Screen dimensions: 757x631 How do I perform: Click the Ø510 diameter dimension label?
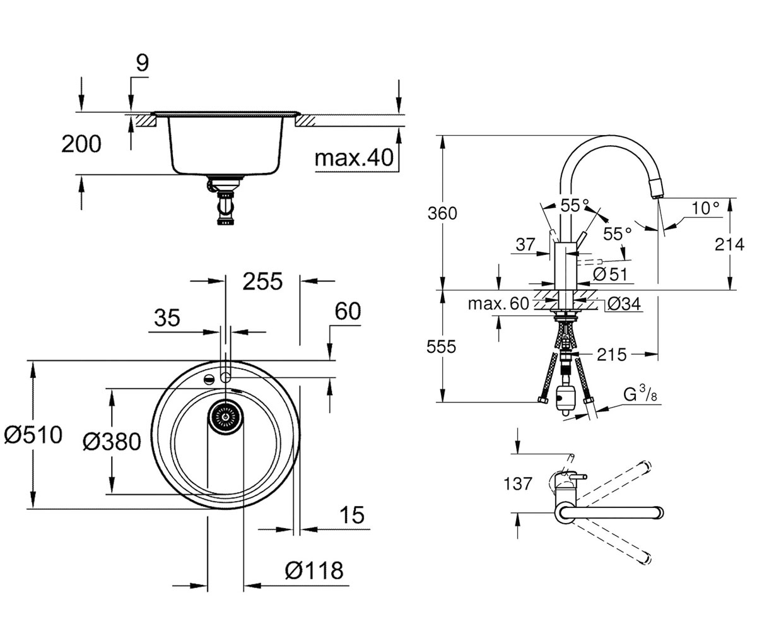pos(33,435)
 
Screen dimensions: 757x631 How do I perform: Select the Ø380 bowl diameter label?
pos(112,442)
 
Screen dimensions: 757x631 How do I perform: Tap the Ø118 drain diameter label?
pos(314,571)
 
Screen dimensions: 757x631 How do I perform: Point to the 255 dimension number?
pos(262,281)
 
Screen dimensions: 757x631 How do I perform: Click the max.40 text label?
pos(354,158)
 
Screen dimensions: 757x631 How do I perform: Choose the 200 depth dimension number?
pos(81,144)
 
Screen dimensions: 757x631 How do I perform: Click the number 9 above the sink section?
pos(142,63)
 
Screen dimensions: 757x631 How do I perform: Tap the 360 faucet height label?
pos(442,213)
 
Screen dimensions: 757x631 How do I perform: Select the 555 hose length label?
pos(441,346)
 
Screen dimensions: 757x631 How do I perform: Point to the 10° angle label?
pos(705,208)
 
